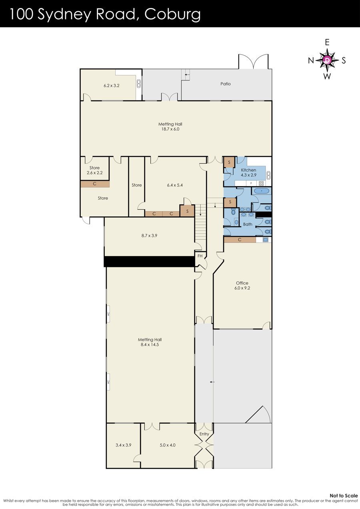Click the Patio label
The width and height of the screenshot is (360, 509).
click(x=225, y=84)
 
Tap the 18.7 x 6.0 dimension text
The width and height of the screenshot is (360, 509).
click(x=170, y=129)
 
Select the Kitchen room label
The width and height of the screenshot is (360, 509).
click(x=248, y=170)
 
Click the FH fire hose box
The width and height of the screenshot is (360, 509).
click(x=200, y=256)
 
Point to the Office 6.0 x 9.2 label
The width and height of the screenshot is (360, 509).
click(x=242, y=285)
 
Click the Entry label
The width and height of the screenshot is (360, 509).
click(x=204, y=434)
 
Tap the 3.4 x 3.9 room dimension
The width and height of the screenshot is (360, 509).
click(x=123, y=445)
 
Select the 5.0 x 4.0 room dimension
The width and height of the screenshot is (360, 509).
click(x=167, y=445)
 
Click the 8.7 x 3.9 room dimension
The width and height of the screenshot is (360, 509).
click(x=149, y=236)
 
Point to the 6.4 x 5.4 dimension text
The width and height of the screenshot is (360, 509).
click(x=175, y=185)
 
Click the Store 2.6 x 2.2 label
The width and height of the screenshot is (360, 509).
click(x=94, y=170)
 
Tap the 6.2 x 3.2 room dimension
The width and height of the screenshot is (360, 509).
click(x=112, y=86)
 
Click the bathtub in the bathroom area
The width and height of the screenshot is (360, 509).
click(x=262, y=191)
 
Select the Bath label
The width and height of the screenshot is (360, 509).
click(x=248, y=224)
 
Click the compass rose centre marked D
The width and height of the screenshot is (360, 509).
click(x=327, y=60)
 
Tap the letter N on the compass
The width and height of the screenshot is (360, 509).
click(x=311, y=60)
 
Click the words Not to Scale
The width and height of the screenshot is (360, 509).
click(x=344, y=495)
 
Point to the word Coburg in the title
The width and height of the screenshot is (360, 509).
click(x=172, y=14)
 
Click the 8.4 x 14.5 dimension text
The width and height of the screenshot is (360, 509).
click(x=150, y=345)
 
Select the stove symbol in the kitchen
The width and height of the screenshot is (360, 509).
click(x=261, y=183)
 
